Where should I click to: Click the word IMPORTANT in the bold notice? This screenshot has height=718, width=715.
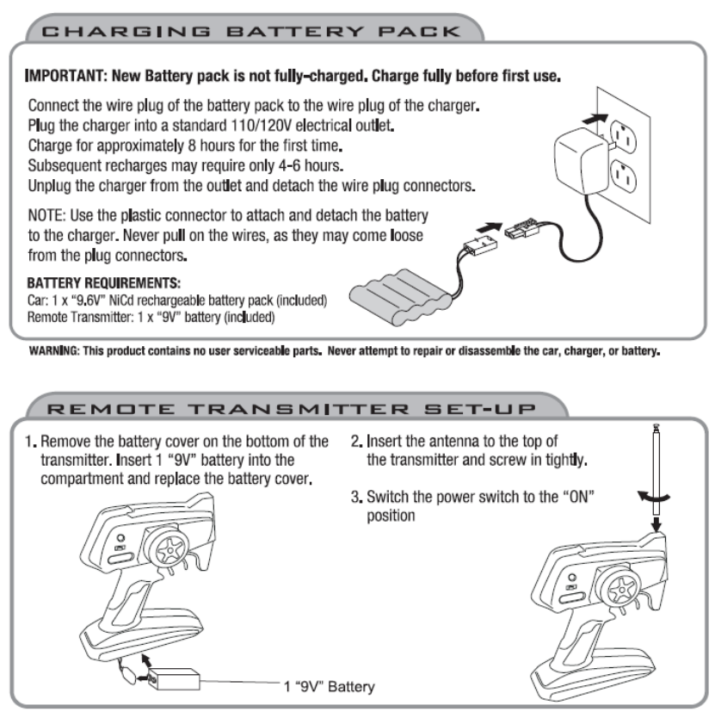click(65, 76)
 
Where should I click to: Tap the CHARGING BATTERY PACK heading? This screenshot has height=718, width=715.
click(251, 32)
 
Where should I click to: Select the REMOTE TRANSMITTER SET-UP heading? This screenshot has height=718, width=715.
click(291, 408)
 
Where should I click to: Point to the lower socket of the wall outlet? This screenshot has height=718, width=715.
click(624, 176)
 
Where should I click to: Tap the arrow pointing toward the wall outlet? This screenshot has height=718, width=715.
click(595, 119)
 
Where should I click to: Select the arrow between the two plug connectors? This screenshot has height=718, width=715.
click(489, 227)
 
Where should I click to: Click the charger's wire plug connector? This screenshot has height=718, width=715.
click(521, 228)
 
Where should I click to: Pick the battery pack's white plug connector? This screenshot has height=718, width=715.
click(481, 243)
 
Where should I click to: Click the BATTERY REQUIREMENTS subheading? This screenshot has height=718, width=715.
click(104, 283)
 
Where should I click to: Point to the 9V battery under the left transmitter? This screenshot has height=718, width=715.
click(175, 679)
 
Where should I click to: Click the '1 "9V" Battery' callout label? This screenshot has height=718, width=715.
click(330, 686)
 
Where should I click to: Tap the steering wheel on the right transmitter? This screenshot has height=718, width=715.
click(621, 588)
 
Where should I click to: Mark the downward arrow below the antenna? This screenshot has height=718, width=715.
click(656, 523)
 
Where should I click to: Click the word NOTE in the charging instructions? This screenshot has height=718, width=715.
click(46, 215)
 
